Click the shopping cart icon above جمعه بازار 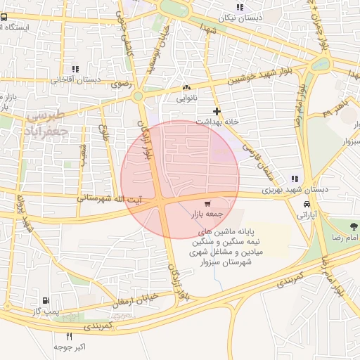point(206,204)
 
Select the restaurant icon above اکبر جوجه point(69,337)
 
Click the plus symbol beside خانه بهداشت point(217,111)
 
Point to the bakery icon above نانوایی point(186,87)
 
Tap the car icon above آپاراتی point(307,204)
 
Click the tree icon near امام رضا point(353,226)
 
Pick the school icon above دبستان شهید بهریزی point(294,179)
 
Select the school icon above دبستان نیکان point(240,8)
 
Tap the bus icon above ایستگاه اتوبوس point(4,16)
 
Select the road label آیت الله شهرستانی point(110,198)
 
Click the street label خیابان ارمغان point(131,301)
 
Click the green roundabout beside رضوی point(139,96)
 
